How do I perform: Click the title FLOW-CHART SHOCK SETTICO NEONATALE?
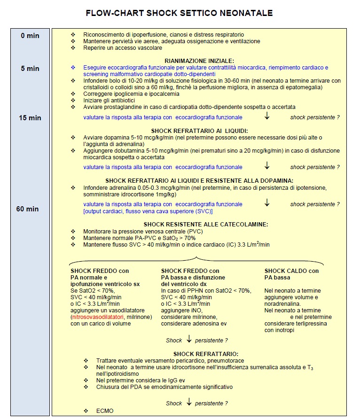tap(179, 13)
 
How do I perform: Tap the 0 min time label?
tap(30, 36)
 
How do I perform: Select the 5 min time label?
tap(30, 69)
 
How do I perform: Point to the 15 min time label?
tap(29, 117)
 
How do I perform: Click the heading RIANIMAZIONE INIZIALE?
tap(199, 61)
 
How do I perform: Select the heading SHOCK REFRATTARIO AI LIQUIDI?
tap(200, 130)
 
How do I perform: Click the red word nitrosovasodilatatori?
tap(100, 318)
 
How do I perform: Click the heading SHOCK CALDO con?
tap(291, 271)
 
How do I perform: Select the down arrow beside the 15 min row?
tap(267, 116)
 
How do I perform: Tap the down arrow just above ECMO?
tap(189, 403)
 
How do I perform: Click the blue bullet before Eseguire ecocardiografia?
tap(73, 68)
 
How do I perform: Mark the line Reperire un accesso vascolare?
tap(123, 48)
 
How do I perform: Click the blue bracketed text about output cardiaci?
tap(141, 211)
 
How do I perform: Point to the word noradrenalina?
tap(284, 304)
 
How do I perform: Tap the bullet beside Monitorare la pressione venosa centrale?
tap(73, 232)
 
